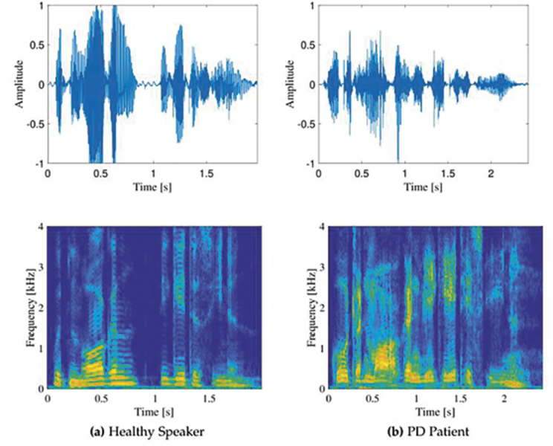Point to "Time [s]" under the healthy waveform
pyautogui.click(x=152, y=187)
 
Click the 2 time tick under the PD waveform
pyautogui.click(x=490, y=173)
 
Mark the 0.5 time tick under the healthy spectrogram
pyautogui.click(x=100, y=398)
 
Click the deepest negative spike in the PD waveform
pyautogui.click(x=398, y=158)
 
